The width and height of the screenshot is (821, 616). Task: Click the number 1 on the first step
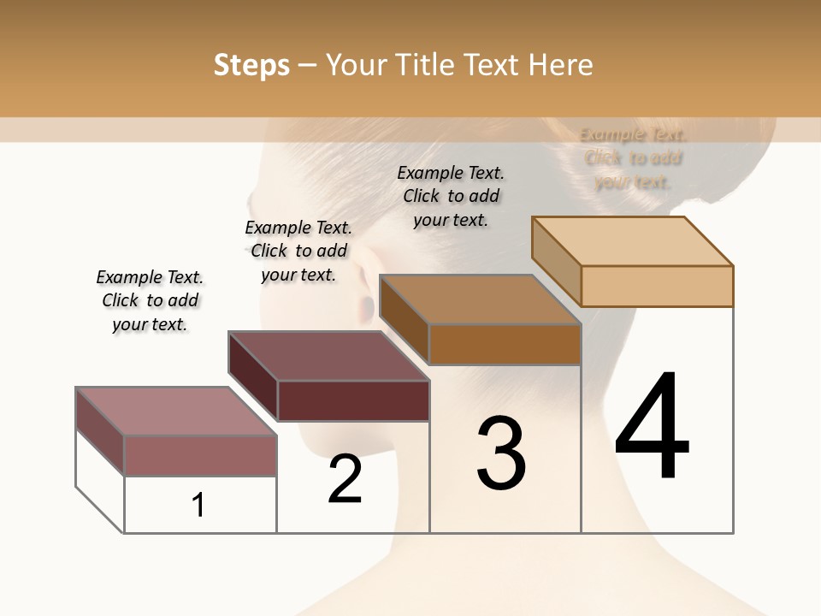[x=198, y=505]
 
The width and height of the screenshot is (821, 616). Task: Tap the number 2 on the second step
[x=346, y=479]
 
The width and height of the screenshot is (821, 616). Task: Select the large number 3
[x=501, y=453]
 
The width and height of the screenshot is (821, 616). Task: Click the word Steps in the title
[x=251, y=65]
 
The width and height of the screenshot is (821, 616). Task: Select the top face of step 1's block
[x=175, y=411]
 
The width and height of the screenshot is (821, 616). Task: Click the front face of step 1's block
[x=200, y=455]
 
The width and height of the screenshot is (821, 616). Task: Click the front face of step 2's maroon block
[x=353, y=400]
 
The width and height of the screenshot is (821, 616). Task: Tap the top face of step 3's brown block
[x=480, y=299]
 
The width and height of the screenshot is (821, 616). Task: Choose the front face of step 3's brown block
[x=505, y=344]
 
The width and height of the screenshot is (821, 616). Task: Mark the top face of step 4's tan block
[x=632, y=241]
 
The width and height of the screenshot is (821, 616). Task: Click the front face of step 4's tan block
[x=657, y=286]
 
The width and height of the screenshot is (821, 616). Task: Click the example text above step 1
[x=150, y=300]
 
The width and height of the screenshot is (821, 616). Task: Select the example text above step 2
[x=298, y=251]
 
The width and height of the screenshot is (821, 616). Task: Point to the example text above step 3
[x=451, y=196]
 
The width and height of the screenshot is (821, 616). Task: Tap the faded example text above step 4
[x=633, y=157]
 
